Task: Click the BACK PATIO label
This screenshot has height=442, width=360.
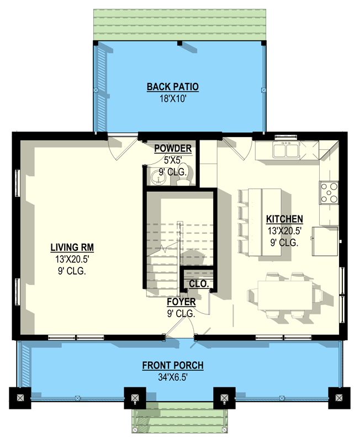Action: coord(172,87)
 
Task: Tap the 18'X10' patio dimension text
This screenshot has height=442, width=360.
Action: coord(172,97)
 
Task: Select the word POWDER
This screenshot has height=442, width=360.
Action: coord(173,148)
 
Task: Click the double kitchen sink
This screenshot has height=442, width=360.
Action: coord(286,150)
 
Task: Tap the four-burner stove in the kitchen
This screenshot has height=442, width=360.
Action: coord(329,192)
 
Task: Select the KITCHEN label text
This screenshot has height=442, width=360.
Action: coord(284,218)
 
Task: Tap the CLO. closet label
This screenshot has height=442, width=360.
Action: coord(199,284)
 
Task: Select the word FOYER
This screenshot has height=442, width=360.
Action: coord(181,302)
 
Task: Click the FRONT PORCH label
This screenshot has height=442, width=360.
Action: coord(173,365)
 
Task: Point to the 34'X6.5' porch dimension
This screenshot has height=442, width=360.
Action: coord(173,376)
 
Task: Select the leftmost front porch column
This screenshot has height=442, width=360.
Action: coord(20,397)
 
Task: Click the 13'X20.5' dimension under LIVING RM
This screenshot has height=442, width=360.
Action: coord(69,259)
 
